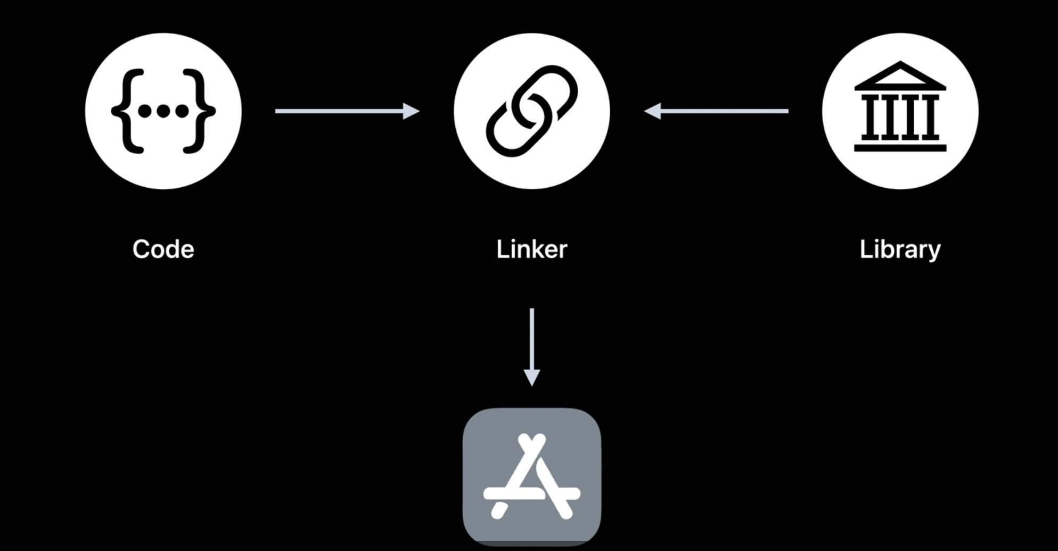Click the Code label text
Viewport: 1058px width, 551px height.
point(163,249)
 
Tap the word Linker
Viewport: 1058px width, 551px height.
point(531,249)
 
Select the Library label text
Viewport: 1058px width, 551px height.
point(900,249)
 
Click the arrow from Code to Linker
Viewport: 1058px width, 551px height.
point(341,111)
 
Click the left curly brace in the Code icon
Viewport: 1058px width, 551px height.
point(126,111)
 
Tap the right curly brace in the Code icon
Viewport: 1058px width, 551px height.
point(200,111)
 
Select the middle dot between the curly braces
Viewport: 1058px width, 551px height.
point(163,111)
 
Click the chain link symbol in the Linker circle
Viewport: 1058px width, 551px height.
point(531,111)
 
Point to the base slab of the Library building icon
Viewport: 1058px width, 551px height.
point(900,147)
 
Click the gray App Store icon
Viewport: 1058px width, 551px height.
point(531,477)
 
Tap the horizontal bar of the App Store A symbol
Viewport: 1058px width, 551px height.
point(531,493)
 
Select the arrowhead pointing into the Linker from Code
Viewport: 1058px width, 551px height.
point(411,111)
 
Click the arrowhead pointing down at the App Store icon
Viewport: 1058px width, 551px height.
point(531,378)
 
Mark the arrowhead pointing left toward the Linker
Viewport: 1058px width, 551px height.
point(653,111)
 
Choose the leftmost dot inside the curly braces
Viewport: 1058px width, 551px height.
point(144,111)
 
